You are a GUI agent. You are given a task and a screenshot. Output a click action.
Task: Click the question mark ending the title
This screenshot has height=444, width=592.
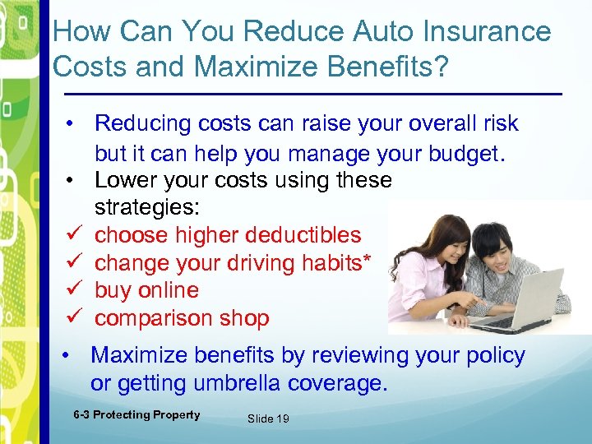click(x=442, y=67)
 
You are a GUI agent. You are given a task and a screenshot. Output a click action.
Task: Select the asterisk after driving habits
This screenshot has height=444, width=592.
click(x=367, y=261)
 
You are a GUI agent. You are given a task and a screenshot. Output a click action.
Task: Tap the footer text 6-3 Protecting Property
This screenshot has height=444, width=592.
click(x=136, y=415)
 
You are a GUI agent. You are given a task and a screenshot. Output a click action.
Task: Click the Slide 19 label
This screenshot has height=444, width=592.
click(x=268, y=419)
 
